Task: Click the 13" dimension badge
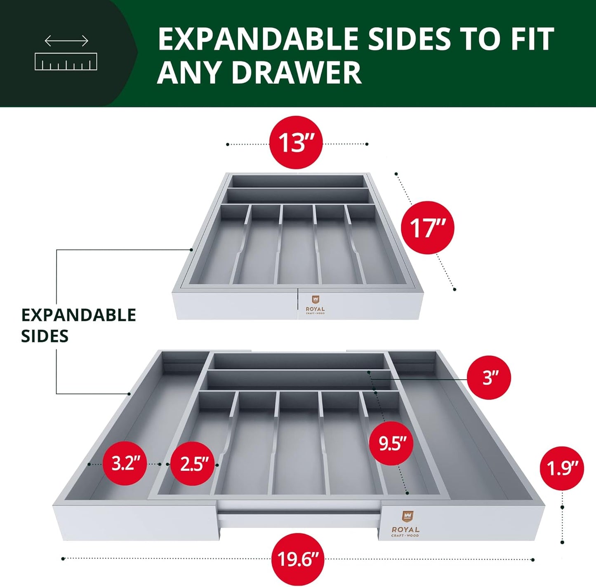296,143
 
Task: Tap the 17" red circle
428,228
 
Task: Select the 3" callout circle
489,378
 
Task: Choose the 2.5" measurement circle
192,464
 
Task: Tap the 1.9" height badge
562,469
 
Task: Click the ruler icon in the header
66,61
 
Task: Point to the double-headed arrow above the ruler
66,41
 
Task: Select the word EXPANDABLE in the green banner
258,39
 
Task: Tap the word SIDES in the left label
45,336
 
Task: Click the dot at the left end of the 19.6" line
63,559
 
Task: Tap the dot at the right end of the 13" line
367,144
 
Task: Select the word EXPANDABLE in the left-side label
78,315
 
